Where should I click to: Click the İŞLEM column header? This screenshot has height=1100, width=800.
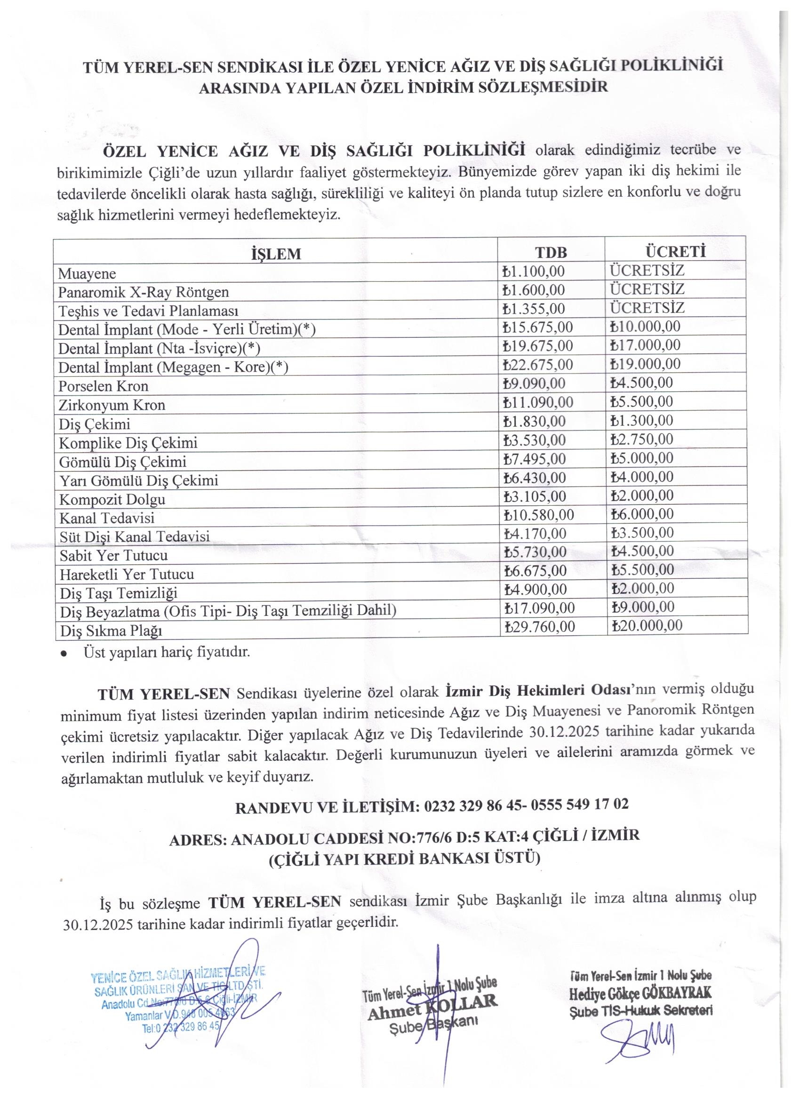tap(276, 254)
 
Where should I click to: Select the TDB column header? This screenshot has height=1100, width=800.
tap(551, 253)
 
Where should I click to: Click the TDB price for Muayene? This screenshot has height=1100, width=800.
tap(534, 271)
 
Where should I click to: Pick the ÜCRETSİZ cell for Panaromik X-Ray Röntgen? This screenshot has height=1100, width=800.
tap(647, 289)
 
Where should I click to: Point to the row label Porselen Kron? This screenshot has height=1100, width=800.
tap(104, 387)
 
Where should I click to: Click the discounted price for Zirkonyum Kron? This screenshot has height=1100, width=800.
tap(641, 402)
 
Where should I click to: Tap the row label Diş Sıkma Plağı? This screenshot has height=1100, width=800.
tap(111, 630)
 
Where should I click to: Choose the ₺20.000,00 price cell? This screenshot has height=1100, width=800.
tap(646, 626)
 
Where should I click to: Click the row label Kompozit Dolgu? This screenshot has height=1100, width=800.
tap(112, 499)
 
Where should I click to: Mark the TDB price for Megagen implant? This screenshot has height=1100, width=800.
tap(538, 365)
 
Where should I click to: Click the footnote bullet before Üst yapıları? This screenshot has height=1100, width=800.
tap(64, 654)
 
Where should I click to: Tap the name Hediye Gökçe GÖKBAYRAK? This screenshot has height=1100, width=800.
tap(640, 994)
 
